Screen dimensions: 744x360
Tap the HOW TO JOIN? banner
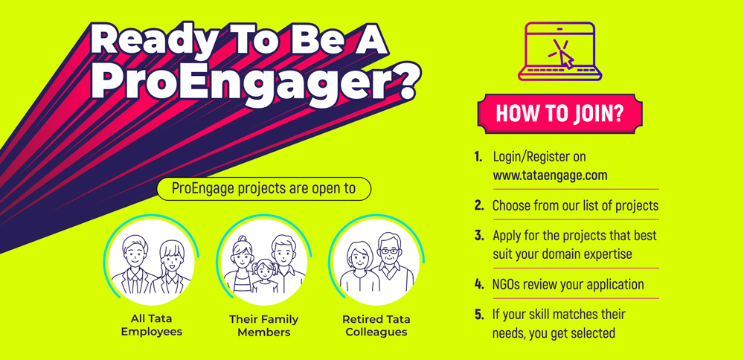(x=559, y=114)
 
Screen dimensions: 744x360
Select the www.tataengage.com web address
(x=550, y=176)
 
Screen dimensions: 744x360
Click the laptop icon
(x=560, y=51)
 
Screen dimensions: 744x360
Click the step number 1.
(x=478, y=156)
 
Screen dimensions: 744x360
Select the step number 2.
(x=478, y=206)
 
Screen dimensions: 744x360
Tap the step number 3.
(x=478, y=235)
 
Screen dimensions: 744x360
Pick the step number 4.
(x=478, y=285)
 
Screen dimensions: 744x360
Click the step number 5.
(x=478, y=314)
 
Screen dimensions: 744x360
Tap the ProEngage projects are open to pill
(x=264, y=189)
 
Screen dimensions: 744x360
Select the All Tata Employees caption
(x=151, y=325)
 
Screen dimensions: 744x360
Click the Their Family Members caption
(x=264, y=325)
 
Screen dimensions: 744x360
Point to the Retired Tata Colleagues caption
(x=376, y=325)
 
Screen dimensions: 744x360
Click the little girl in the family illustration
(x=264, y=277)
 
